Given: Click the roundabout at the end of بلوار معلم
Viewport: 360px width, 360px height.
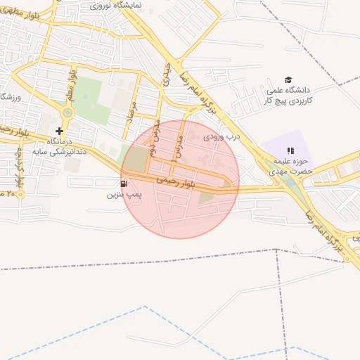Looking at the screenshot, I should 67,112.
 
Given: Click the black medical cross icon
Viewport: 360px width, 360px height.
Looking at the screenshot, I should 59,131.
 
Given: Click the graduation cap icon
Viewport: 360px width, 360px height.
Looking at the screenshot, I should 287,80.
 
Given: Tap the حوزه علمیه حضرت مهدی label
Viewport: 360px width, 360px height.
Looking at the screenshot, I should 290,166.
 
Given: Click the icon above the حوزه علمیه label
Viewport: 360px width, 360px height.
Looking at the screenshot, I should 290,150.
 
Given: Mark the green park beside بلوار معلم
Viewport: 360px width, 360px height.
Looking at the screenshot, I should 89,98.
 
